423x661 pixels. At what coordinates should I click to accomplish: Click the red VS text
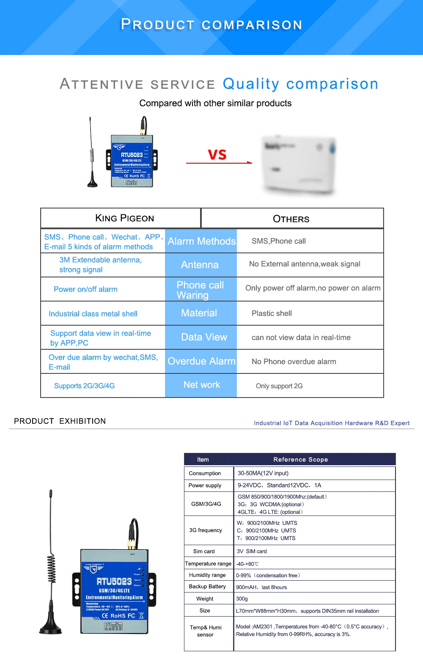pyautogui.click(x=217, y=155)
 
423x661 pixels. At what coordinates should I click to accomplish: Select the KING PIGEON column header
pyautogui.click(x=125, y=218)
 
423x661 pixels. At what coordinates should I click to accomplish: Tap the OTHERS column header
pyautogui.click(x=291, y=219)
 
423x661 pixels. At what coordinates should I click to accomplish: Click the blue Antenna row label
pyautogui.click(x=200, y=265)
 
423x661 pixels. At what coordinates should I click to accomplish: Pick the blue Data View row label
pyautogui.click(x=204, y=337)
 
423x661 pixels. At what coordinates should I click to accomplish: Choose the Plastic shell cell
pyautogui.click(x=272, y=313)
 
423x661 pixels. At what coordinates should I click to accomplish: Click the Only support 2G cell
pyautogui.click(x=279, y=386)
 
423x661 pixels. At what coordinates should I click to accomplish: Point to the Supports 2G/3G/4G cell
pyautogui.click(x=84, y=386)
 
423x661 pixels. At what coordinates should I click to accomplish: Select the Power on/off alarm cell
pyautogui.click(x=85, y=289)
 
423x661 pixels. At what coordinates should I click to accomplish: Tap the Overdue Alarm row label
pyautogui.click(x=201, y=361)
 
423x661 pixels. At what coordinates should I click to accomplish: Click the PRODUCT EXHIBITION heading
pyautogui.click(x=60, y=421)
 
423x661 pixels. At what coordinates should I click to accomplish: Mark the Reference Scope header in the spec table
pyautogui.click(x=300, y=460)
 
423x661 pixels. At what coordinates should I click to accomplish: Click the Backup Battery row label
pyautogui.click(x=207, y=587)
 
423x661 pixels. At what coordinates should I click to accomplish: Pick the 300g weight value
pyautogui.click(x=242, y=599)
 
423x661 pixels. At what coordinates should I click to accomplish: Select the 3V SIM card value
pyautogui.click(x=252, y=551)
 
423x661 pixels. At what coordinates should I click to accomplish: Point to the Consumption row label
pyautogui.click(x=205, y=473)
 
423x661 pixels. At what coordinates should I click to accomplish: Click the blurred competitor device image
pyautogui.click(x=299, y=165)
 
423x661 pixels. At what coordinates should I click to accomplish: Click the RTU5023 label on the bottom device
pyautogui.click(x=114, y=581)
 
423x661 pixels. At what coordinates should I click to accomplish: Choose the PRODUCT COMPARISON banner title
pyautogui.click(x=211, y=25)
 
